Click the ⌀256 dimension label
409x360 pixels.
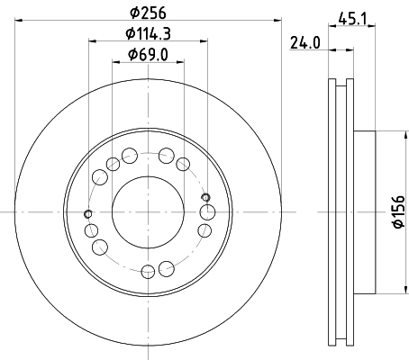[148, 13]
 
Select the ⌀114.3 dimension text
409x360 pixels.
[148, 33]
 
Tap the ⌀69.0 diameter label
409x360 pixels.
[148, 55]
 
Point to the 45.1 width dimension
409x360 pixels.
[352, 19]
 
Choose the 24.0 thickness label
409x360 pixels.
[305, 43]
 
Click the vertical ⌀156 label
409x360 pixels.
[400, 211]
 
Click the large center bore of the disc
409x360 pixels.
[148, 212]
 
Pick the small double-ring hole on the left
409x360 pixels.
[88, 214]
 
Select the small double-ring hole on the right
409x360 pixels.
[205, 197]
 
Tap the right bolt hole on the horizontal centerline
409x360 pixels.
[207, 212]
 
